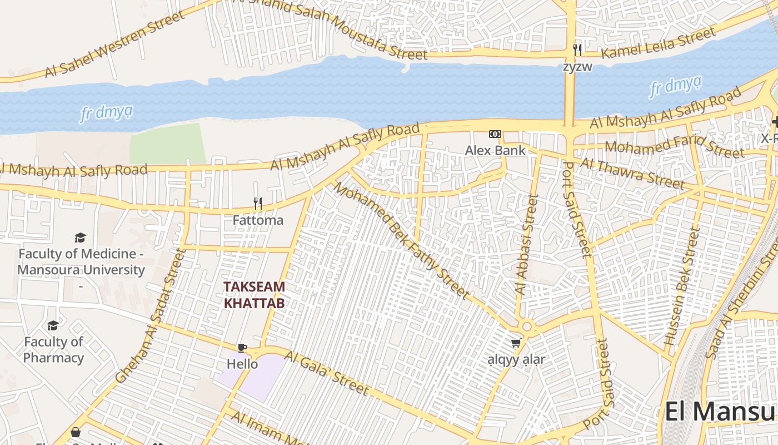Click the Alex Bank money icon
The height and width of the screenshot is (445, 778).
495,134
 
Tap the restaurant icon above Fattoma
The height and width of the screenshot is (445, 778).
257,204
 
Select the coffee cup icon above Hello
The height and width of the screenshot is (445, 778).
242,348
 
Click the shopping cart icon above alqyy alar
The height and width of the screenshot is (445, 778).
516,343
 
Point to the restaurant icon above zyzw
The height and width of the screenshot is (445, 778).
577,50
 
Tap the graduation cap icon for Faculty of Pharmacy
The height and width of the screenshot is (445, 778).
53,325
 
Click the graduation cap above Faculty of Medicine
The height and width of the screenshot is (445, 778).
81,238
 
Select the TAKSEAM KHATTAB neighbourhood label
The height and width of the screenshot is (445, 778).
254,295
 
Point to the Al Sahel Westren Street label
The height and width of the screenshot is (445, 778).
114,43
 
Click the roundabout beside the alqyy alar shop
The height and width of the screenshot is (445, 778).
527,327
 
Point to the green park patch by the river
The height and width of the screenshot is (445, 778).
167,144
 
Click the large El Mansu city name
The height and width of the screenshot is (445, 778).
720,412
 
